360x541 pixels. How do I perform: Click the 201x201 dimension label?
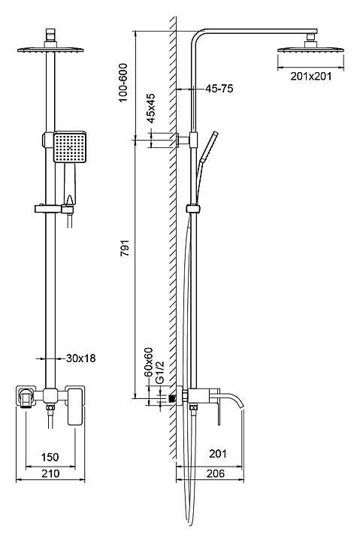click(310, 76)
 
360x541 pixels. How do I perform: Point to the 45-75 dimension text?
click(219, 89)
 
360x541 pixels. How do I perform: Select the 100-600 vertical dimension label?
click(123, 83)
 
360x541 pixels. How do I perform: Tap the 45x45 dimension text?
click(151, 108)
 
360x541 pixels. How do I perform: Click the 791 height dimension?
click(125, 248)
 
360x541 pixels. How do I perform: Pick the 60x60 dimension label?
click(148, 362)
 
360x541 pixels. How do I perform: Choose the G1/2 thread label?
click(160, 372)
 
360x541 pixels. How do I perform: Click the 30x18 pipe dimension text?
click(80, 358)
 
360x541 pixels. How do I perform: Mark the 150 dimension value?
click(50, 457)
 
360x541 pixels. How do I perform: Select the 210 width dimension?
click(50, 473)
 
